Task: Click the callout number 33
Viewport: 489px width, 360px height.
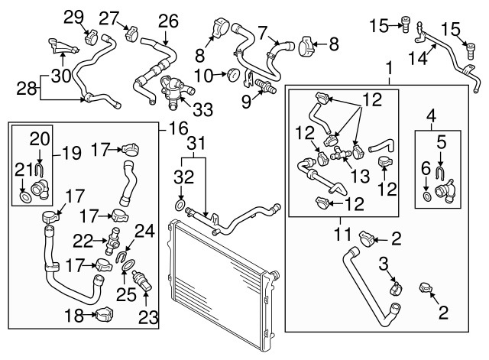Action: [x=202, y=109]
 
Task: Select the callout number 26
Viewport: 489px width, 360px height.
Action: [x=168, y=21]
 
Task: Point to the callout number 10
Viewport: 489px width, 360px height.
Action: [x=203, y=76]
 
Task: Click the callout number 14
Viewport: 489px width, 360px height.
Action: [x=418, y=58]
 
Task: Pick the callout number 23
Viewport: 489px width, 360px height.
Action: [x=148, y=318]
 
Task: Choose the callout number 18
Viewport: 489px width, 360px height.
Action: [x=74, y=316]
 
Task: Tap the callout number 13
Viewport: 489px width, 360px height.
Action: [x=360, y=176]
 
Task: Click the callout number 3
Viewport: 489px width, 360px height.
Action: [x=384, y=264]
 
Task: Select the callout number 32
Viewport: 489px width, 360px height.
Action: [x=184, y=177]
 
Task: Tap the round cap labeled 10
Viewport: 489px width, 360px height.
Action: [x=232, y=75]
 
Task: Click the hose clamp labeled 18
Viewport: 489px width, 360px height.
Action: [x=104, y=314]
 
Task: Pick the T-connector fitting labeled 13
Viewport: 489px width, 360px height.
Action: [x=341, y=153]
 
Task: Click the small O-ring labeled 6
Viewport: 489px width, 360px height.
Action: [x=427, y=197]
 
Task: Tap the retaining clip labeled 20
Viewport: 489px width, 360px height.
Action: [x=40, y=169]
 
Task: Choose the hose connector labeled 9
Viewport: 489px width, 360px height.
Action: [x=265, y=86]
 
